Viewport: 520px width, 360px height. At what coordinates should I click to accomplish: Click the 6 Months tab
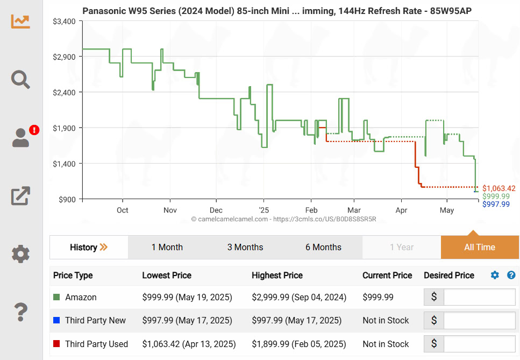323,248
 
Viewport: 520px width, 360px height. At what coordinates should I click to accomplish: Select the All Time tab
480,248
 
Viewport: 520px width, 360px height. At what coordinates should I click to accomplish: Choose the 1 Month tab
167,248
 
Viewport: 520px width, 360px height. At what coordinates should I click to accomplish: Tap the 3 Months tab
245,248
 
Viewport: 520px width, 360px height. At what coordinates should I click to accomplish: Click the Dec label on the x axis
216,210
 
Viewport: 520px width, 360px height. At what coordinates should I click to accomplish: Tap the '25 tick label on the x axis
263,210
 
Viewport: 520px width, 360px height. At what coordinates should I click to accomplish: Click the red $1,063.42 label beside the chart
499,188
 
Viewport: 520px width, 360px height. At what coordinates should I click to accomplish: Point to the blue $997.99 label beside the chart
496,204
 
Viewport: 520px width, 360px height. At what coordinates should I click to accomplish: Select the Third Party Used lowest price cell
189,344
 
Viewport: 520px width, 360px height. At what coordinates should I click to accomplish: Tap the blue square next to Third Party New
56,321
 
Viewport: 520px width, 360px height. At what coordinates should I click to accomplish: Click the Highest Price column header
277,276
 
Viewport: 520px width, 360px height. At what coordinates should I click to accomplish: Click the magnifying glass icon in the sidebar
20,80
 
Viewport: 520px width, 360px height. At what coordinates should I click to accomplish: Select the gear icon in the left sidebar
20,253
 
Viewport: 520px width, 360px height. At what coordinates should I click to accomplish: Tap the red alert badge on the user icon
34,130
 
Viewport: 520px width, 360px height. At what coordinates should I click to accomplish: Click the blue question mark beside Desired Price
511,276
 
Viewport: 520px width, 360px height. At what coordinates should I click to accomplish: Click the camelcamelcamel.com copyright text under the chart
283,220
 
